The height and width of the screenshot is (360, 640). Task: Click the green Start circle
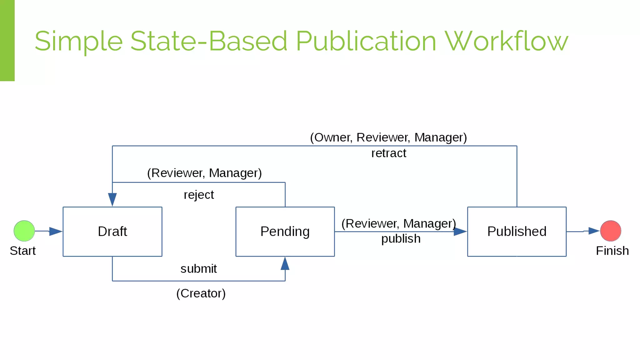24,231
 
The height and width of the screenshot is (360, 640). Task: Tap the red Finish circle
610,231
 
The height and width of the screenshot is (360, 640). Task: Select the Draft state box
112,232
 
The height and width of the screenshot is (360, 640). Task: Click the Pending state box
285,232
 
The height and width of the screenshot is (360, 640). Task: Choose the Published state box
517,232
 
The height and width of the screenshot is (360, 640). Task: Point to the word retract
388,153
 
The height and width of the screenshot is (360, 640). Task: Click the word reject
199,195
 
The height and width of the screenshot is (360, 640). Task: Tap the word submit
198,269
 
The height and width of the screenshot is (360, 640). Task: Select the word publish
401,239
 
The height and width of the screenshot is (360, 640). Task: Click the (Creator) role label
201,293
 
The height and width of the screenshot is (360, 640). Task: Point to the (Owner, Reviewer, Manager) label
388,137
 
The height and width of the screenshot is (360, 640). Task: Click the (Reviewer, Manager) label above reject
204,173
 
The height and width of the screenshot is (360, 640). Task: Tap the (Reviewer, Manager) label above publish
398,224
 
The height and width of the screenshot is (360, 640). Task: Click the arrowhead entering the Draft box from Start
56,231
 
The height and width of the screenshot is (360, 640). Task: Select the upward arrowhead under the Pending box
285,264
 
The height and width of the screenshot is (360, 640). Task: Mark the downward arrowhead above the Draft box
112,199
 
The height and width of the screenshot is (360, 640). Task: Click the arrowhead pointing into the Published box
460,232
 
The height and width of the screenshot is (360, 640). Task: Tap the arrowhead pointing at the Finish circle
593,231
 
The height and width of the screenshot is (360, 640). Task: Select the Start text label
22,251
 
